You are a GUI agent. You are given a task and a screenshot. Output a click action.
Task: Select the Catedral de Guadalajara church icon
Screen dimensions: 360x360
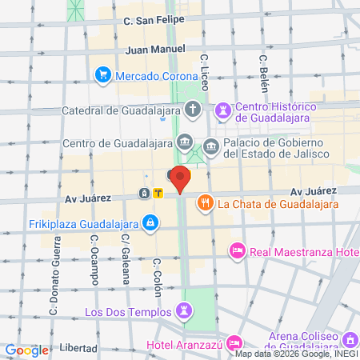(193, 108)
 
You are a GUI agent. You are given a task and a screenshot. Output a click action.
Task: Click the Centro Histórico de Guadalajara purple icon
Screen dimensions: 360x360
(223, 108)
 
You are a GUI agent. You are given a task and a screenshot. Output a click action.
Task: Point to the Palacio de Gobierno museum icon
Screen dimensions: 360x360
(211, 145)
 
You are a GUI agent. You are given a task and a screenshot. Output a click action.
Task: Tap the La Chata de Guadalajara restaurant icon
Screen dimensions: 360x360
(206, 202)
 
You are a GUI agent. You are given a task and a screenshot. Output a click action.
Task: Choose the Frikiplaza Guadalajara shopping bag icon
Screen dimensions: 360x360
(150, 222)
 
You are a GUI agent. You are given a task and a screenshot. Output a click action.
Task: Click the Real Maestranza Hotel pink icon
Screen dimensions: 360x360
(237, 251)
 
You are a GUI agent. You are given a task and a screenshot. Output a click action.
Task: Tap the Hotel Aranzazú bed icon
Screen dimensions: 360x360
(234, 343)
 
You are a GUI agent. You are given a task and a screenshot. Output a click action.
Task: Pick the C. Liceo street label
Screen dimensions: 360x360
(206, 71)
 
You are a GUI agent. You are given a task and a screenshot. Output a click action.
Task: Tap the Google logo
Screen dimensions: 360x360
(26, 350)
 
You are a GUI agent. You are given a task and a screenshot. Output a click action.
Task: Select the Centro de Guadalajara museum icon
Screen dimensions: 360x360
(186, 143)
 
